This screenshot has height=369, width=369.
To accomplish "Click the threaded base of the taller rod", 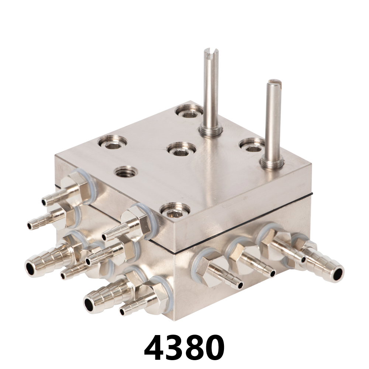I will tap(210, 130).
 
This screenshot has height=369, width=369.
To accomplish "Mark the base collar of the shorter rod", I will tap(272, 162).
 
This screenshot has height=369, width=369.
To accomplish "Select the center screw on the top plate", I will tap(181, 149).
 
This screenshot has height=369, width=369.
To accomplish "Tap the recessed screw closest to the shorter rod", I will tap(252, 145).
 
